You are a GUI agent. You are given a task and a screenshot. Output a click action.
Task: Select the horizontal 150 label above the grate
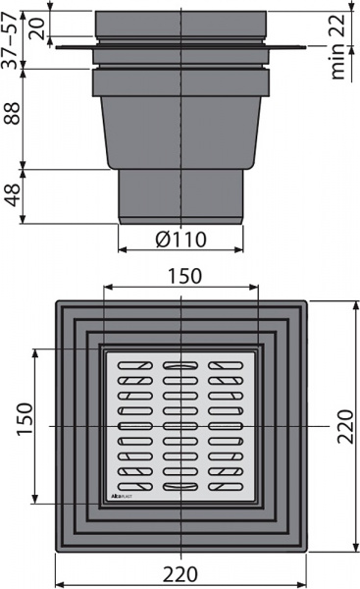181,276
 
